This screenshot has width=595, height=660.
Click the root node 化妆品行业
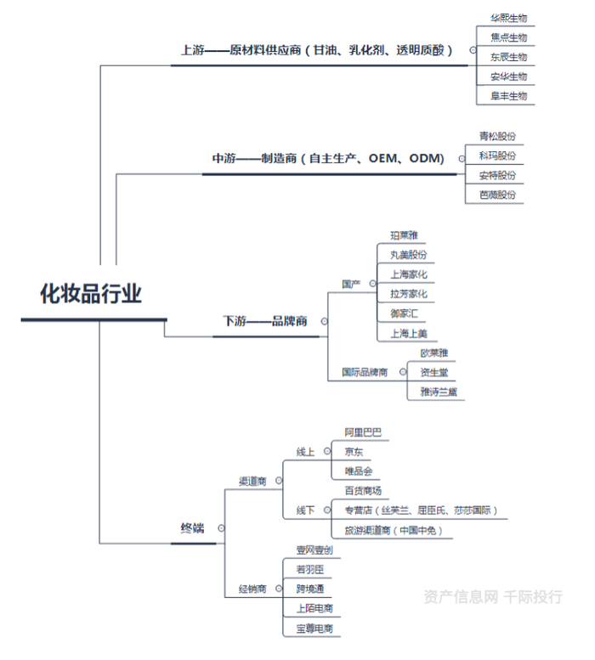tap(91, 294)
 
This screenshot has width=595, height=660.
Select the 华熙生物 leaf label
tap(508, 18)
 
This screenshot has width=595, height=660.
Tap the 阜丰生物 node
tap(508, 96)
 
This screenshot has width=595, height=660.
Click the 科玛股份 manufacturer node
tap(497, 155)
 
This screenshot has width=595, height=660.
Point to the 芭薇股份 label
tap(497, 195)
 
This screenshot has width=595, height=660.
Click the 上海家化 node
tap(408, 274)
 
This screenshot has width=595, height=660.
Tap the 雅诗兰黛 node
tap(439, 392)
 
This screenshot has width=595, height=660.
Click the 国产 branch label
tap(351, 283)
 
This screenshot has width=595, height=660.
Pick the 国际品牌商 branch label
tap(365, 372)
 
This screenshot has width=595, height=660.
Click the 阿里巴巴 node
tap(363, 432)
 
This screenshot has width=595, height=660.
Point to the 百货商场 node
tap(363, 491)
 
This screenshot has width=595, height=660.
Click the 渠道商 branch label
tap(252, 481)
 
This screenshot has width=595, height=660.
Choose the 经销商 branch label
tap(252, 589)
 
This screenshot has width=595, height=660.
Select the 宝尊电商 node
tap(314, 629)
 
